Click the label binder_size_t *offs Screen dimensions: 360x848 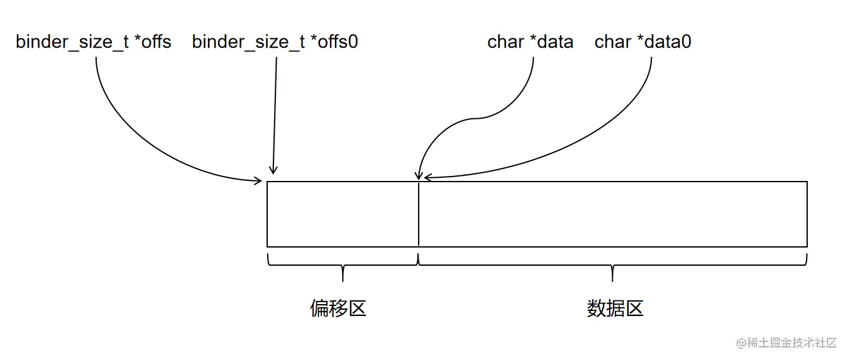pyautogui.click(x=93, y=42)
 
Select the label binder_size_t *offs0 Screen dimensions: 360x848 pyautogui.click(x=275, y=42)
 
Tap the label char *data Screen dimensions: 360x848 pyautogui.click(x=530, y=42)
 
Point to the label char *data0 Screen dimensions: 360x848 pyautogui.click(x=642, y=42)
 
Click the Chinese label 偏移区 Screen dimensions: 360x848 pyautogui.click(x=338, y=308)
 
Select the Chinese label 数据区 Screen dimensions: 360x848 pyautogui.click(x=615, y=308)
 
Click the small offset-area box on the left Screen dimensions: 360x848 pyautogui.click(x=343, y=214)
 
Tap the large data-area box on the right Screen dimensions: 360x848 pyautogui.click(x=613, y=214)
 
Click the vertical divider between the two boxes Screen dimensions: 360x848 pyautogui.click(x=418, y=214)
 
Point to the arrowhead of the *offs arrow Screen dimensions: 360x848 pyautogui.click(x=258, y=181)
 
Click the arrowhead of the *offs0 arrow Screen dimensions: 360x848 pyautogui.click(x=273, y=170)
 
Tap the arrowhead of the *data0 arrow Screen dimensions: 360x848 pyautogui.click(x=427, y=178)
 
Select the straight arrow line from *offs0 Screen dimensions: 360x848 pyautogui.click(x=275, y=113)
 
